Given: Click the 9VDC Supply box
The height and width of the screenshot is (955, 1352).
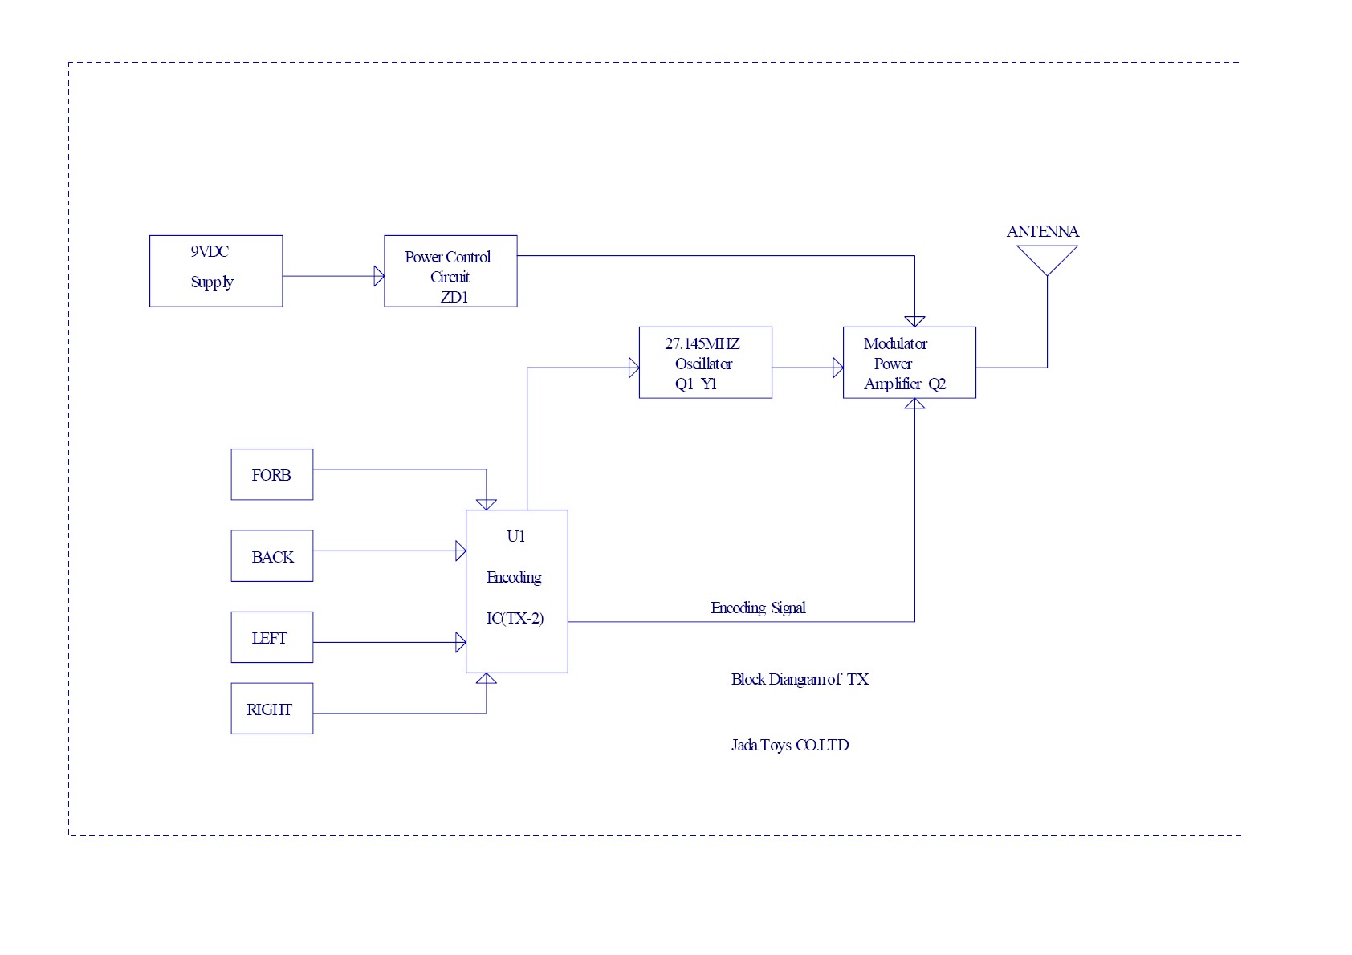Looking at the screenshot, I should coord(215,270).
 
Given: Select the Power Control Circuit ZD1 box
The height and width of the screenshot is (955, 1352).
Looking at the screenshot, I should coord(450,270).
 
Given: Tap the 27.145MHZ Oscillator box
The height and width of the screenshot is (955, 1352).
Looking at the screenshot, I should coord(705,362).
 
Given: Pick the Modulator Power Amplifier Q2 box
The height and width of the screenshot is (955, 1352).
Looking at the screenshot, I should coord(909,362).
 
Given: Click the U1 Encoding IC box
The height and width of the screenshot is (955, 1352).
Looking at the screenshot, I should coord(516,591).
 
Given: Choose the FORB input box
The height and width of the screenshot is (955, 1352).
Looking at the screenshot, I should coord(271,474).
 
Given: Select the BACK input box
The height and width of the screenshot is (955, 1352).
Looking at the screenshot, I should coord(271,555).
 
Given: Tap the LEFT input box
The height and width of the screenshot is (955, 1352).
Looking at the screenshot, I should coord(271,637).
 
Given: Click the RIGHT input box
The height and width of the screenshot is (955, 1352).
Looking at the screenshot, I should coord(271,708).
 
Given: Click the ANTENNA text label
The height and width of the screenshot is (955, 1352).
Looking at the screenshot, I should coord(1042,231).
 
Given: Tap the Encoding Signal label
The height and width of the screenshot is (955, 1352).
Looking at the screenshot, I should coord(758,608).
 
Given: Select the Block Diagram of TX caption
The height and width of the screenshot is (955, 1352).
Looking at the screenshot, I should coord(800,679).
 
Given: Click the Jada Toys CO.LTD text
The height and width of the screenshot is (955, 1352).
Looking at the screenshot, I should coord(790,745).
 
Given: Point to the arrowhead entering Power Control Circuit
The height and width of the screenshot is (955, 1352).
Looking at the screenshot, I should coord(379,276).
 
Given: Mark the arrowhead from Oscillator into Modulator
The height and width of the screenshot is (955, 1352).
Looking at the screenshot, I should coord(838,368).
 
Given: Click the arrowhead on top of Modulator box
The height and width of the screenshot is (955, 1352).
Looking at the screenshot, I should coord(914,321).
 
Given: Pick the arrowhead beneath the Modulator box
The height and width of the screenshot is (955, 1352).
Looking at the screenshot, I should coord(914,404).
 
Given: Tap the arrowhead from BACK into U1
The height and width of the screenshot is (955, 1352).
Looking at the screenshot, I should coord(461,551).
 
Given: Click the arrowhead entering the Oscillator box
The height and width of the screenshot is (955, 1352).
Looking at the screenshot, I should coord(633,368).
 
